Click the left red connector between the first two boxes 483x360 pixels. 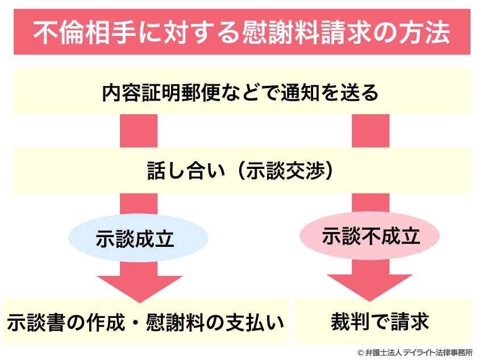coord(139,130)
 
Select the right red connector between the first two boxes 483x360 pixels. coord(370,130)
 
